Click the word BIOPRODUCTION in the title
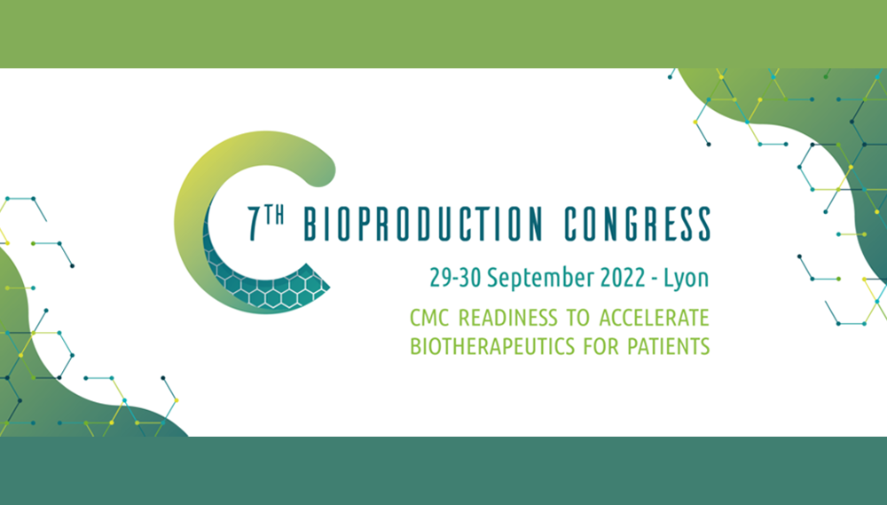coord(423,225)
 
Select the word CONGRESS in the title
coord(638,225)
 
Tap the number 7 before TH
coord(255,225)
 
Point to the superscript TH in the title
coord(274,216)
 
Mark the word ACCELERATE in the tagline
coord(654,318)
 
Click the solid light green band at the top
coord(443,34)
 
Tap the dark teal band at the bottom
coord(443,471)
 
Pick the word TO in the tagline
coord(578,318)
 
